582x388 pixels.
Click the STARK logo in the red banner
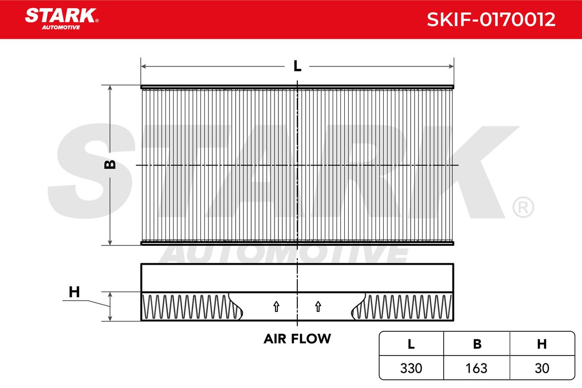point(62,16)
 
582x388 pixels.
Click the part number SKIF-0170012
point(491,19)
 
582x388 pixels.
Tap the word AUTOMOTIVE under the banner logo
point(61,27)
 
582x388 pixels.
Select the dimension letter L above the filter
point(297,66)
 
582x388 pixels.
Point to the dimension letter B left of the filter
point(110,164)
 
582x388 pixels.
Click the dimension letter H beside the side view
point(74,292)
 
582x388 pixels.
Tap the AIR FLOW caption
point(297,339)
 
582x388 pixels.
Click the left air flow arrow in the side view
point(276,307)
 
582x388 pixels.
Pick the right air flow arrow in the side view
point(318,307)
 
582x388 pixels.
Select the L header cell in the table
point(411,344)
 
